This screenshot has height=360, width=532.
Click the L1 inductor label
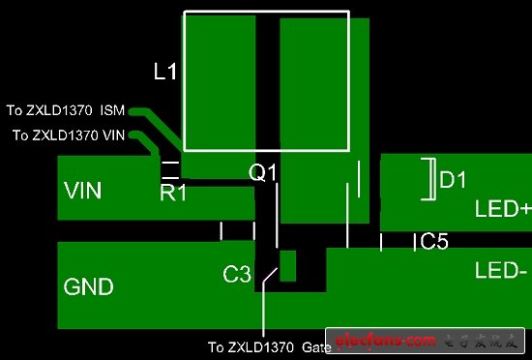pos(165,72)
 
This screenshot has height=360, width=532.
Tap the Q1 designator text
pos(263,173)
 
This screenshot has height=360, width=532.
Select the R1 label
pos(173,194)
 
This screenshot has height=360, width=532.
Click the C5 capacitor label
pos(434,242)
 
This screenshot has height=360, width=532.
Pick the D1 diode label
pos(453,180)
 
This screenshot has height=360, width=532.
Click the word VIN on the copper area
pos(83,190)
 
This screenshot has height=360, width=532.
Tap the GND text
pos(88,286)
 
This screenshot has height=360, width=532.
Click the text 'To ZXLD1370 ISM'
pos(66,110)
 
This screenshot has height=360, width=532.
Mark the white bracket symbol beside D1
pos(429,180)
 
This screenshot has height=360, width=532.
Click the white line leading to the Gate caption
pos(263,310)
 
